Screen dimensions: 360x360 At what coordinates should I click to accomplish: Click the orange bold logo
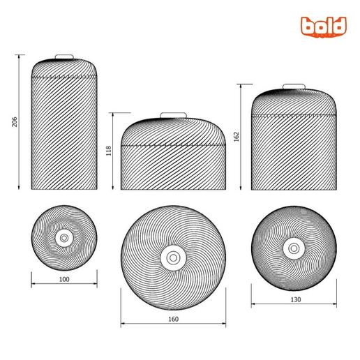[324, 27]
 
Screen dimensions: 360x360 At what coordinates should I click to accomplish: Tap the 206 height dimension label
[15, 122]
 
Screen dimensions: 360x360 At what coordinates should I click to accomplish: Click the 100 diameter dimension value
[65, 279]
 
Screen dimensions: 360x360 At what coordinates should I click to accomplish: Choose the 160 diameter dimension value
[173, 319]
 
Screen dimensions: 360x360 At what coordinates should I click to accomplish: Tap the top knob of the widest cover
[173, 115]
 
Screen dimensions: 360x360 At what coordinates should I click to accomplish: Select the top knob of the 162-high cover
[293, 87]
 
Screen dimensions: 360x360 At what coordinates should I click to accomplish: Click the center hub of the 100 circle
[65, 238]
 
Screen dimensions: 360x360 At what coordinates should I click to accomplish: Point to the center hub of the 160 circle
[173, 257]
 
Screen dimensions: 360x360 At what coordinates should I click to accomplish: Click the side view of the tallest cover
[65, 129]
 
